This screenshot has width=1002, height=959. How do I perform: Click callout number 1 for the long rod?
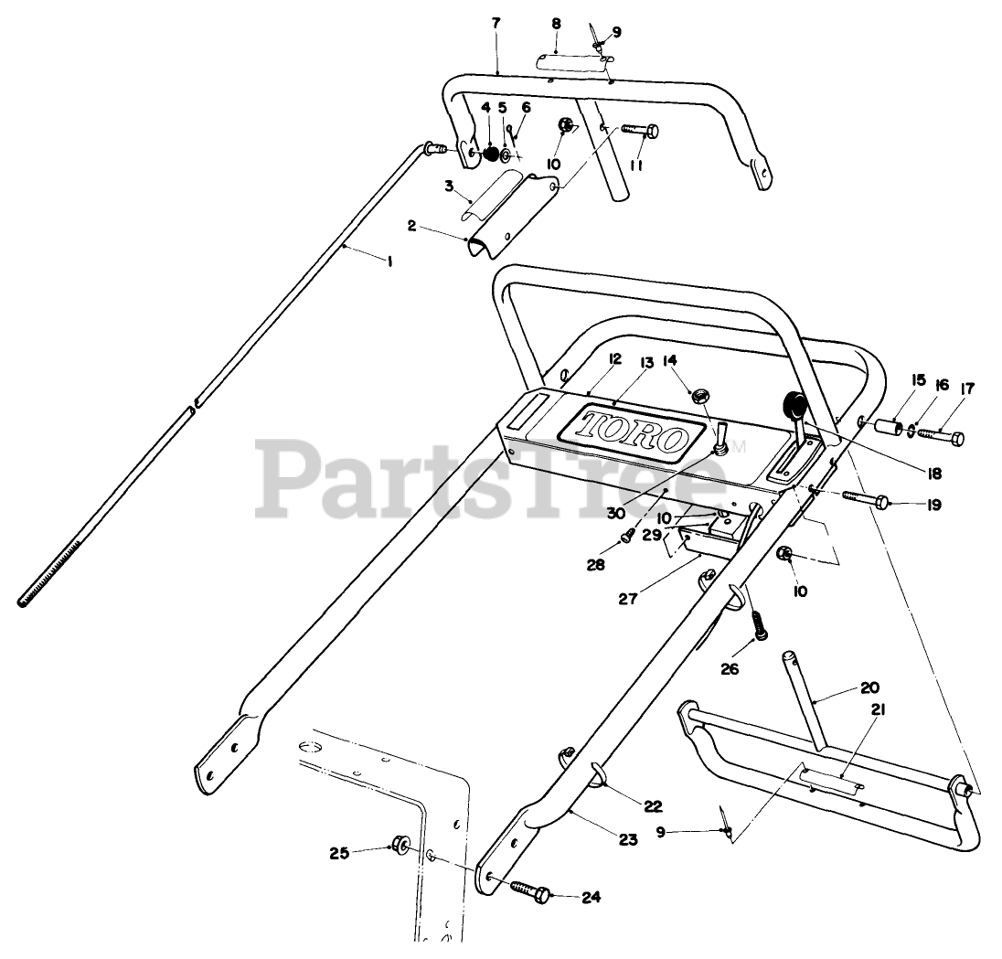389,261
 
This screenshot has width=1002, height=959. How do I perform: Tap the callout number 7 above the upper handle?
496,23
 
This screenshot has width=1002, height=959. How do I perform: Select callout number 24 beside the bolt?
590,897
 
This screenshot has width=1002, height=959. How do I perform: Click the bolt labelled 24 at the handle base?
529,890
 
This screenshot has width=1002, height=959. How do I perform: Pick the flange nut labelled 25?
400,844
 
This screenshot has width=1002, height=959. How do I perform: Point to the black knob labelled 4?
492,154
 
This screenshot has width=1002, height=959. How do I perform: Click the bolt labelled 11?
642,131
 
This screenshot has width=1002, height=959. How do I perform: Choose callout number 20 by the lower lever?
842,687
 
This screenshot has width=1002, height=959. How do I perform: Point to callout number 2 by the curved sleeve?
412,225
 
